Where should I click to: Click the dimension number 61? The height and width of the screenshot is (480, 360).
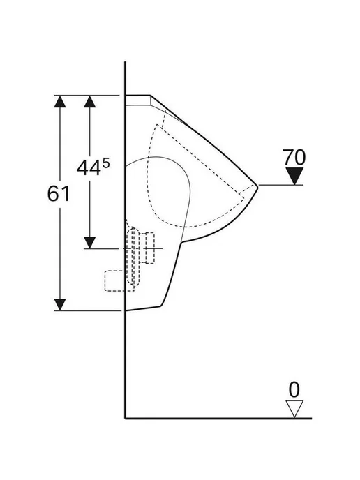click(x=59, y=194)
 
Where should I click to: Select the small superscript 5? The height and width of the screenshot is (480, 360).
click(x=105, y=163)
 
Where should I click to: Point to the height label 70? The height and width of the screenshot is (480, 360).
click(x=294, y=158)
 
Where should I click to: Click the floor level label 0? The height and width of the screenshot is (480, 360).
click(x=294, y=390)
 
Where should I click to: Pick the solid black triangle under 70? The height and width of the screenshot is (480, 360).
click(x=294, y=176)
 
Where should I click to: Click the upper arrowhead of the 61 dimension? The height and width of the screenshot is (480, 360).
click(x=60, y=101)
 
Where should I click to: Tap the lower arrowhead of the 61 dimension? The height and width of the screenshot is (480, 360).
click(x=60, y=305)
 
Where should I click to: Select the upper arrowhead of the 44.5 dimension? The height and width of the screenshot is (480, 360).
click(x=90, y=101)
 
